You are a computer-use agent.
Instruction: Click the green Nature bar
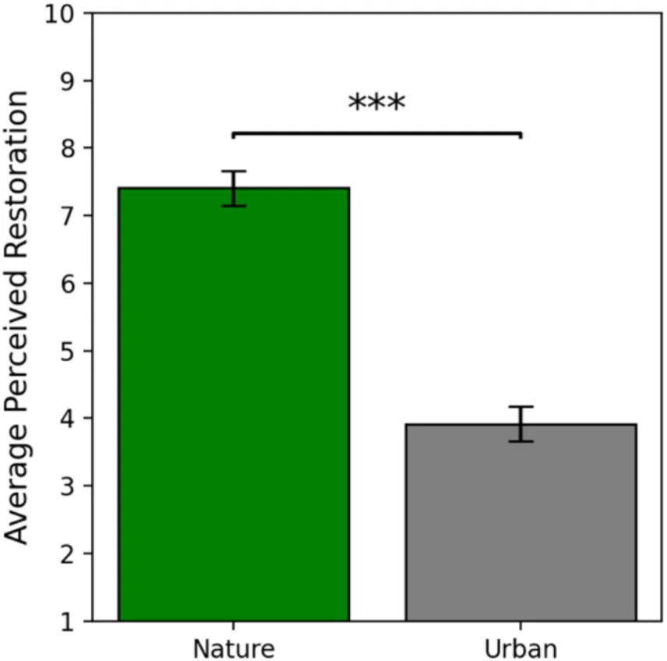(x=233, y=405)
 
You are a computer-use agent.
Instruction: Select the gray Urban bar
(x=520, y=522)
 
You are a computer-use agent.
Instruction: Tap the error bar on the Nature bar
(x=233, y=188)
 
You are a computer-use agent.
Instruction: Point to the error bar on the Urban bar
(x=520, y=424)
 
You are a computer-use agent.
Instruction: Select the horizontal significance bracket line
(x=376, y=133)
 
